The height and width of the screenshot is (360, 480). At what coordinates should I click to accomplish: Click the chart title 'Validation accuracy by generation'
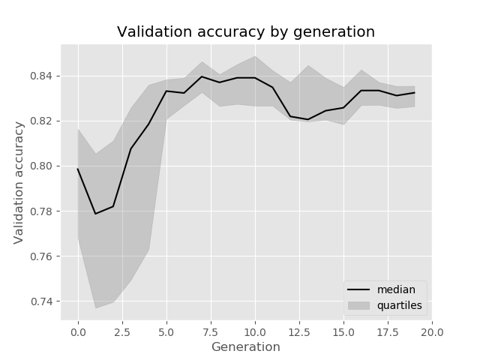[x=246, y=32]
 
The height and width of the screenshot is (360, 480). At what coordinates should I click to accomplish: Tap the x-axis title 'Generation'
[x=246, y=347]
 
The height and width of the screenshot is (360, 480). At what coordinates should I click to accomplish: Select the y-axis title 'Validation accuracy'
[x=19, y=182]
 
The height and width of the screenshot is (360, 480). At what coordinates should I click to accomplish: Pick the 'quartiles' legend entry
[x=399, y=305]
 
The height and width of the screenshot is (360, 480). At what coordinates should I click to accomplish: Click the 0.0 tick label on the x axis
[x=78, y=331]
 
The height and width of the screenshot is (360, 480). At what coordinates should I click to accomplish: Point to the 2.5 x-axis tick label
[x=122, y=331]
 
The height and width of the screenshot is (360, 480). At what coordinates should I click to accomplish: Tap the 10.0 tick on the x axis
[x=255, y=331]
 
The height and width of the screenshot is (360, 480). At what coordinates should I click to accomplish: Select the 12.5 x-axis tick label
[x=299, y=331]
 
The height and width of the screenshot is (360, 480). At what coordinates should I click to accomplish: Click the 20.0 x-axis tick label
[x=432, y=331]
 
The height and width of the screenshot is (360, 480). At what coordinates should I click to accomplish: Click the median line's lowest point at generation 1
[x=95, y=214]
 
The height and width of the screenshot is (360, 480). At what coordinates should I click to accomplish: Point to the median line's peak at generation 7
[x=202, y=76]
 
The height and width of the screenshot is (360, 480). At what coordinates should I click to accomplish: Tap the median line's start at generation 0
[x=78, y=169]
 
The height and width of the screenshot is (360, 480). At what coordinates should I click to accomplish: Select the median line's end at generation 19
[x=414, y=92]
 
